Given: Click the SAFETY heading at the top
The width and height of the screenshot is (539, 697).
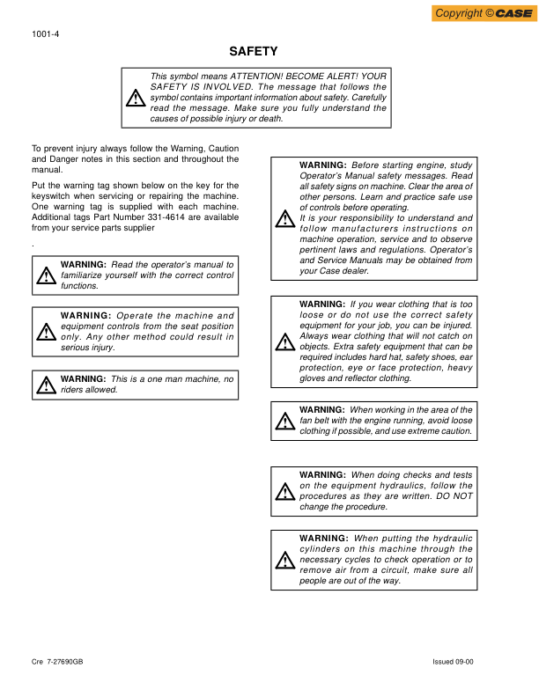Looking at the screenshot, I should point(254,52).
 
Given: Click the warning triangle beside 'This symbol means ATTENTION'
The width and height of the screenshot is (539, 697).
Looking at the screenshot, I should point(136,99).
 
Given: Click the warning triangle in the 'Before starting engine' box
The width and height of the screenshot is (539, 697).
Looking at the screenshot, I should point(284,218).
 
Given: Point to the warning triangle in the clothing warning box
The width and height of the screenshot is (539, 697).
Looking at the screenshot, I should point(284,342).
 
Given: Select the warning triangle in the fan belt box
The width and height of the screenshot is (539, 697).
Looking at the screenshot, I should point(284,421).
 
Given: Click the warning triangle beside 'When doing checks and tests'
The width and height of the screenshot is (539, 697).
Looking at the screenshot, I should point(284,491).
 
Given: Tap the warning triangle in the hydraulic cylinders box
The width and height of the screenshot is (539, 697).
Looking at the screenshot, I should point(284,560).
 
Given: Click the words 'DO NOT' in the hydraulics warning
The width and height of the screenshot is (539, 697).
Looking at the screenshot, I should point(455,496).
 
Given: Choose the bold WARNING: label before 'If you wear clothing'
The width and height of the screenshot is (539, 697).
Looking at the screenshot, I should point(322,304).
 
